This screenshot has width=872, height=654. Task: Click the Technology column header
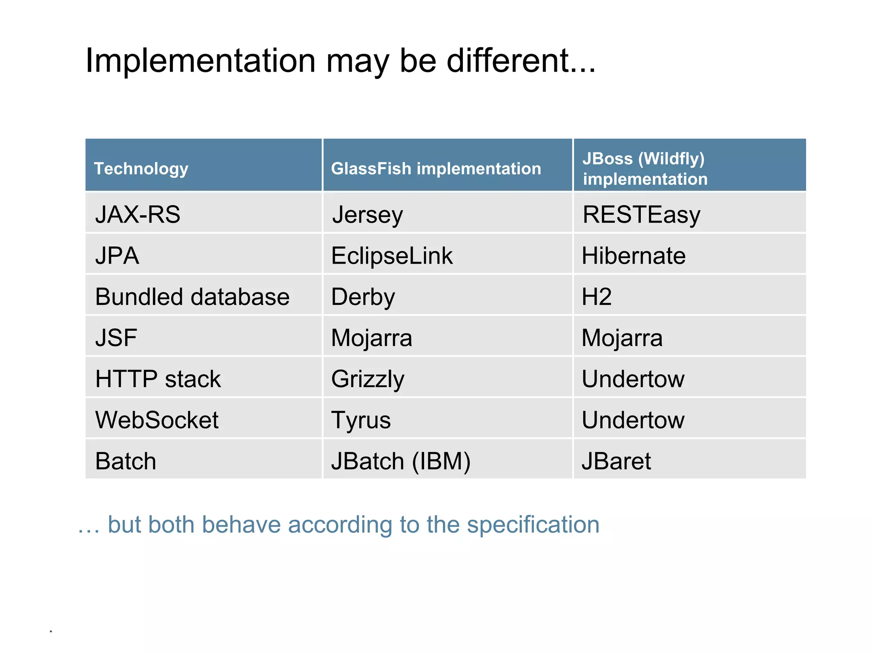click(141, 169)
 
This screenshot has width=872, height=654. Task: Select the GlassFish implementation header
click(436, 169)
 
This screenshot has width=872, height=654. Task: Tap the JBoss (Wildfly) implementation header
click(645, 169)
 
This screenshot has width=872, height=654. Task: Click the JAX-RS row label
click(138, 214)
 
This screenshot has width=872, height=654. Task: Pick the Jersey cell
click(367, 215)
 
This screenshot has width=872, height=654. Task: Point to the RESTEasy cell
click(641, 215)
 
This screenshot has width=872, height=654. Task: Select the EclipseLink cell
click(392, 256)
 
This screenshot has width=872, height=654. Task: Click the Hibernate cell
click(634, 256)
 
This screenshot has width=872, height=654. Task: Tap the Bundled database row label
click(192, 297)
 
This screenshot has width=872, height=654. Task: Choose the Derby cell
click(363, 297)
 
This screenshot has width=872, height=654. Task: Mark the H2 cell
click(597, 297)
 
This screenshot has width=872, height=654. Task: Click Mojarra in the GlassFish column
click(371, 338)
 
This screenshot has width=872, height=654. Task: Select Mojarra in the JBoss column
click(622, 338)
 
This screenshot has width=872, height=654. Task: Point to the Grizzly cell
click(367, 379)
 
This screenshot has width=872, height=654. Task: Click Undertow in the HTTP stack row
click(633, 379)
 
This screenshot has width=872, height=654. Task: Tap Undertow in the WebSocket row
click(633, 420)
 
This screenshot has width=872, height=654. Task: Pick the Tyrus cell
click(361, 420)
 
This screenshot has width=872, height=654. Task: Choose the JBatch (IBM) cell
click(401, 461)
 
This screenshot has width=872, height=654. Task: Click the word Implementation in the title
click(201, 60)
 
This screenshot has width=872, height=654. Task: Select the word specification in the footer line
click(533, 524)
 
